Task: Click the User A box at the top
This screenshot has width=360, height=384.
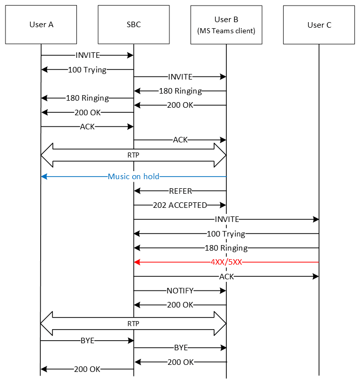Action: point(41,25)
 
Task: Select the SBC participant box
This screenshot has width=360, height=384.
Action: point(134,25)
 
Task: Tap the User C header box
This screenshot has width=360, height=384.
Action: point(319,25)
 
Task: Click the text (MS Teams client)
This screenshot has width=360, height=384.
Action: point(226,31)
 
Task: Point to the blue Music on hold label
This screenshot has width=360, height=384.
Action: point(133,177)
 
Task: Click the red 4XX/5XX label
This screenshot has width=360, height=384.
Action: point(226,262)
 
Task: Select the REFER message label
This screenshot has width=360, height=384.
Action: point(181,191)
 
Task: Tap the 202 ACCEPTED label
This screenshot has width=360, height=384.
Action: point(180,205)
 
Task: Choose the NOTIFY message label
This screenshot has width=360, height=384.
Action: point(180,290)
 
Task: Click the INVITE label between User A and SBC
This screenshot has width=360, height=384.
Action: point(87,55)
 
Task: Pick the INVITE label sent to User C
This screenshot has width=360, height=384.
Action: point(227,219)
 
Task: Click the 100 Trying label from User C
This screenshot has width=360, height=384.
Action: point(226,234)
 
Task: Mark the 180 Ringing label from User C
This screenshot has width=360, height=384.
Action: point(226,248)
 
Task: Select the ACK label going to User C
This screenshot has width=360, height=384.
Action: point(226,276)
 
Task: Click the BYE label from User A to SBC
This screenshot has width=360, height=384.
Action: point(87,341)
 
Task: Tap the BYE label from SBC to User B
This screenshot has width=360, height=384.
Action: point(181,348)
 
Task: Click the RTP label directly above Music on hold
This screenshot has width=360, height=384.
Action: point(133,156)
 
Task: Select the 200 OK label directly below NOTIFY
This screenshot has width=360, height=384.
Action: point(181,304)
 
